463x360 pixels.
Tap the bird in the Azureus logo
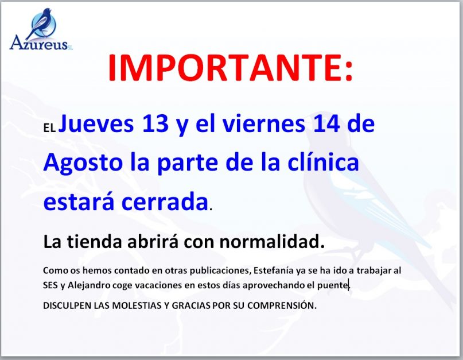(40, 23)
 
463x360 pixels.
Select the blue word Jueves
(96, 124)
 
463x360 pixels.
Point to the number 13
(155, 123)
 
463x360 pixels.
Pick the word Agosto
(83, 163)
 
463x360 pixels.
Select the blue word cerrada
(165, 202)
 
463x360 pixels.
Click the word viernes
(264, 123)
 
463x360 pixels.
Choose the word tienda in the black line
(95, 242)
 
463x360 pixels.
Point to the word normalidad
(271, 242)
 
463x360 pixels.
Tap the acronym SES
(50, 285)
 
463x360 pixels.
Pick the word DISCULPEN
(67, 305)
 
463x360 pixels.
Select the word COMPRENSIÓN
(282, 305)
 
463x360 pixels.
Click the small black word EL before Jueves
(49, 128)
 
